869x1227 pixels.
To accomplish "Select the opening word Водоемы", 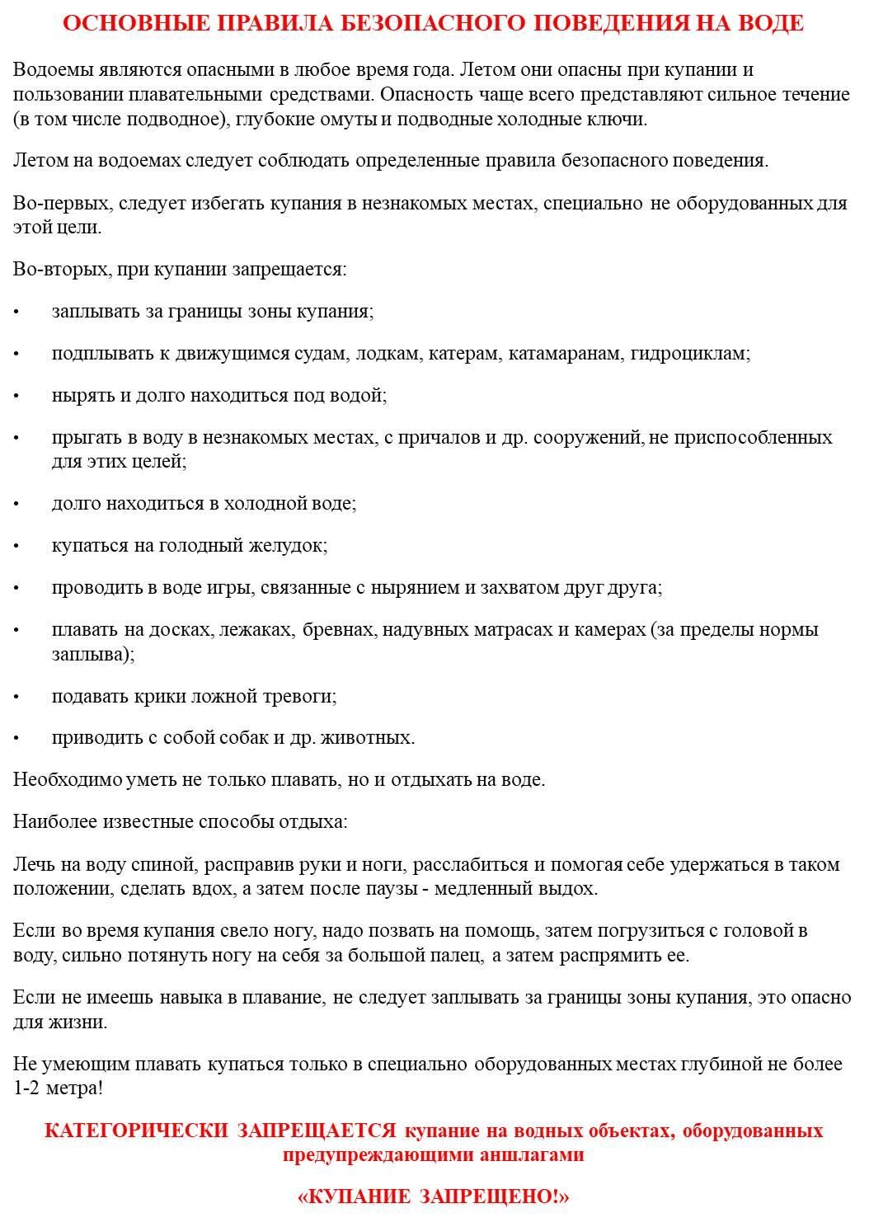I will coord(46,70).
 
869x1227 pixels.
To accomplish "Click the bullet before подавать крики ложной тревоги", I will coord(16,697).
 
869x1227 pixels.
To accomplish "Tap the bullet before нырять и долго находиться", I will coord(16,396).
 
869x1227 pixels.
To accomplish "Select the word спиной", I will coord(167,865).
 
